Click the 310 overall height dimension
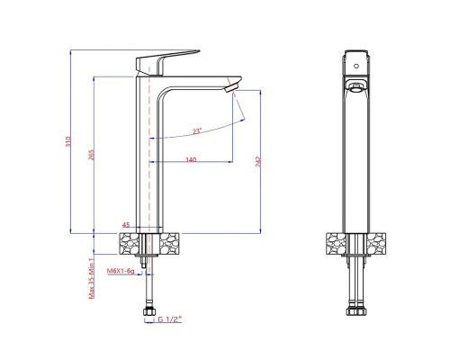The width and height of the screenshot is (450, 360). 68,141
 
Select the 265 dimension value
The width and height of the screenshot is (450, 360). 92,155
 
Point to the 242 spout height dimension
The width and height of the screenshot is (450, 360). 258,161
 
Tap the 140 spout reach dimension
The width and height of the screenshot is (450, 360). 191,159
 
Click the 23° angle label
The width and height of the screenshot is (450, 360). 197,131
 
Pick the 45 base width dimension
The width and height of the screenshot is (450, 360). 126,224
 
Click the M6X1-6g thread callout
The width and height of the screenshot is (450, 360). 121,271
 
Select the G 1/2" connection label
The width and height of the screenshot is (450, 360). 170,319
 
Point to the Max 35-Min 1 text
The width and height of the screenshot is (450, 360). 92,278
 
